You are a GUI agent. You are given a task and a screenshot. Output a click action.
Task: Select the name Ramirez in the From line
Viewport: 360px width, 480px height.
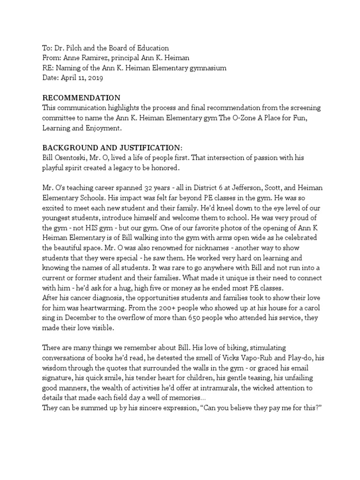pos(96,58)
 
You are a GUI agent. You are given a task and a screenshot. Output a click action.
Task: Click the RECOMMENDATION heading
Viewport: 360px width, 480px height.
pos(82,98)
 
